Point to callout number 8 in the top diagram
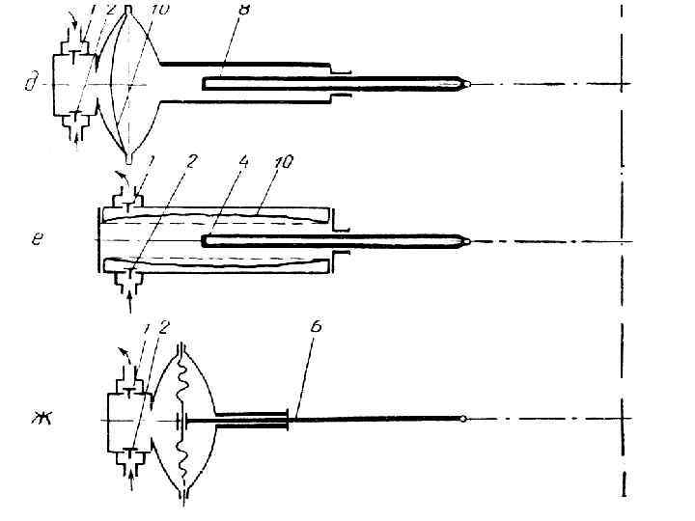click(x=243, y=9)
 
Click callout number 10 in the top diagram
click(x=160, y=9)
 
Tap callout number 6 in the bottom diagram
click(x=316, y=327)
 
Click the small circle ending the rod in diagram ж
click(x=464, y=420)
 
